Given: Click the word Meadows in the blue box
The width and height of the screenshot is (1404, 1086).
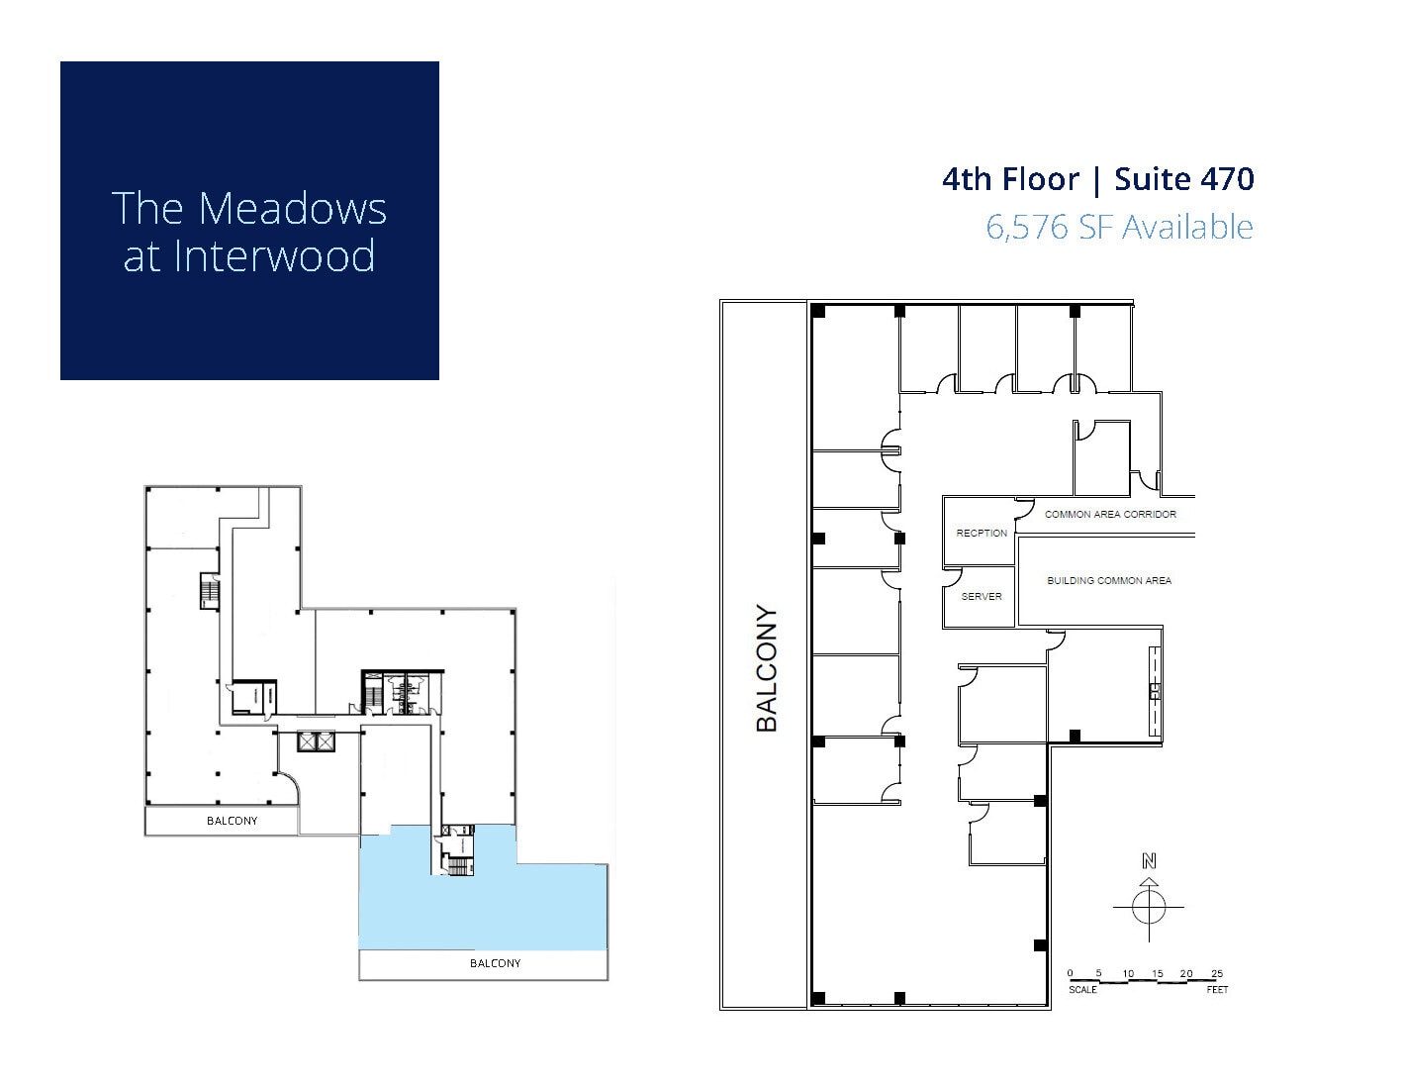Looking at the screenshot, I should tap(293, 209).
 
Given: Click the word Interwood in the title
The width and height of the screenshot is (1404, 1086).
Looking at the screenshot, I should tap(274, 255).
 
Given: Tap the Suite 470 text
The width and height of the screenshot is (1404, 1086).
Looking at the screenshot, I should tap(1183, 179).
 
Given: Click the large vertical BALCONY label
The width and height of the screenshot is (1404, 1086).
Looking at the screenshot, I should tap(767, 668).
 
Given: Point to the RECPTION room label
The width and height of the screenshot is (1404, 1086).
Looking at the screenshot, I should tap(982, 533).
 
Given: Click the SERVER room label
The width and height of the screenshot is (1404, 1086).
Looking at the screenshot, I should tap(982, 597).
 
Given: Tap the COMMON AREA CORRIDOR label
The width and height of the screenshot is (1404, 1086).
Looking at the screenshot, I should tap(1110, 515).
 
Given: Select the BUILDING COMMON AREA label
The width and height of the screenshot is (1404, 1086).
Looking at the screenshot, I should tap(1109, 581).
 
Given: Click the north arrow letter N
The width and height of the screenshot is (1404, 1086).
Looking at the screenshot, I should tap(1149, 860).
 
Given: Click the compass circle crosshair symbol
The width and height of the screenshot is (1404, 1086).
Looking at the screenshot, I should tap(1149, 906).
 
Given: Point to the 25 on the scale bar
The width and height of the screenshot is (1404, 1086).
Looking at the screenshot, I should tap(1217, 974).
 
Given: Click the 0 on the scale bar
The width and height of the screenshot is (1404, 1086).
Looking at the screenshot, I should tap(1071, 974).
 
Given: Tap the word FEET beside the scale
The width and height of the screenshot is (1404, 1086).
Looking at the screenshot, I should tap(1217, 990).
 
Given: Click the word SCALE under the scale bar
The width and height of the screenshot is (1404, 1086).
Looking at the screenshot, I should tap(1082, 990).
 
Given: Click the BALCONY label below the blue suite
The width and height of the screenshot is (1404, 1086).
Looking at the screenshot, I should tap(495, 963).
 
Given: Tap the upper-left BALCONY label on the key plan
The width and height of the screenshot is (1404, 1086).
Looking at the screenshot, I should tap(232, 821).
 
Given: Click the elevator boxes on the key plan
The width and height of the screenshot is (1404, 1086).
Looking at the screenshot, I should tap(317, 740).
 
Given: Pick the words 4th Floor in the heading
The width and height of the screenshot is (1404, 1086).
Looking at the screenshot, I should tap(1010, 179).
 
